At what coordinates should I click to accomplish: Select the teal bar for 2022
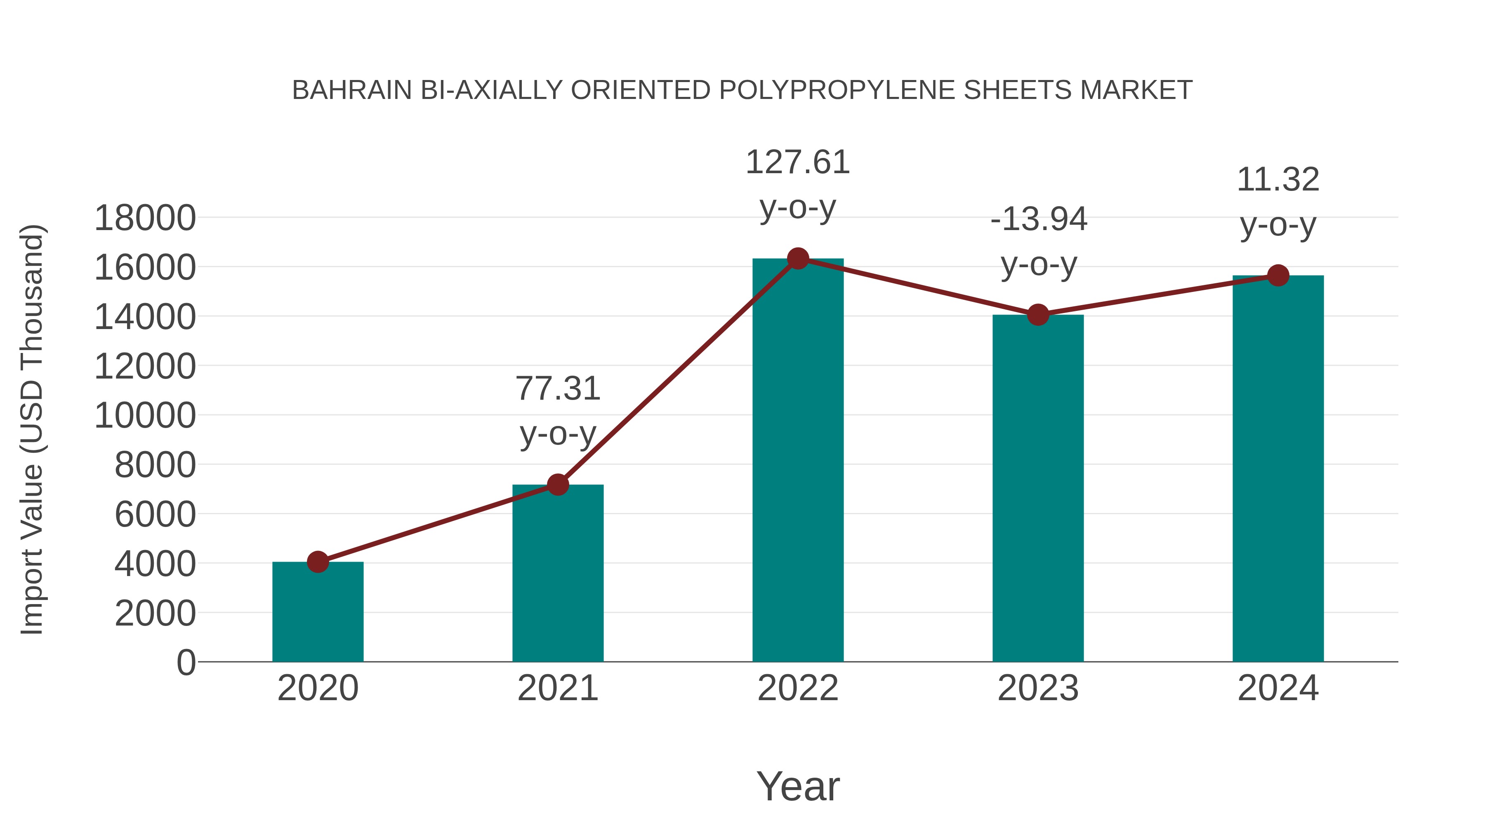point(798,461)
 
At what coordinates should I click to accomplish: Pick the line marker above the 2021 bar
point(557,485)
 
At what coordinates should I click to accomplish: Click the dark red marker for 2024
point(1278,275)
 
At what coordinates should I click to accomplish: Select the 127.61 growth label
point(798,162)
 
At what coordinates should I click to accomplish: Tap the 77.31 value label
point(557,388)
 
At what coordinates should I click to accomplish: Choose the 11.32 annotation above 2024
point(1278,180)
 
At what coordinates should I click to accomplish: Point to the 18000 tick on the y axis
point(145,219)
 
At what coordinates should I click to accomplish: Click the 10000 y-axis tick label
point(145,416)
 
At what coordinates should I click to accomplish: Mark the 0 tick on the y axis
point(186,662)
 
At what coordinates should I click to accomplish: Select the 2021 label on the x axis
point(557,688)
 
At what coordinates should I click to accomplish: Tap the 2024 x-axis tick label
point(1278,688)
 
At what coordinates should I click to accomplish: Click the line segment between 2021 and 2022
point(677,372)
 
